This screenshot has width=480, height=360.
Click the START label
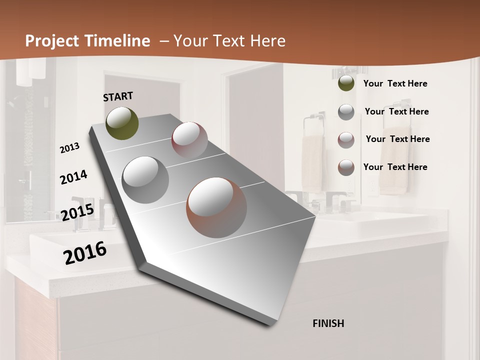click(118, 96)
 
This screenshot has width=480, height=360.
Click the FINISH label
click(328, 323)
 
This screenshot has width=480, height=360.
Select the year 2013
click(70, 148)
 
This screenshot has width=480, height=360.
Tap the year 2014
click(74, 177)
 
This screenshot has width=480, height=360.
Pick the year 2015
click(77, 212)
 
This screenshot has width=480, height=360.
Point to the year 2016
click(85, 252)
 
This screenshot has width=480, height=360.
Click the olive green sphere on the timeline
click(122, 123)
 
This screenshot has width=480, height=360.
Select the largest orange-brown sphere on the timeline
click(216, 207)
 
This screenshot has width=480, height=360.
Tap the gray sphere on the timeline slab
click(145, 179)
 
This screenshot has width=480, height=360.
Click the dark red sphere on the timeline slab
click(189, 140)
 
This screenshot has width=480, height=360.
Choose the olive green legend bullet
click(346, 83)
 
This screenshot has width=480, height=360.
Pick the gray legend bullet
click(346, 112)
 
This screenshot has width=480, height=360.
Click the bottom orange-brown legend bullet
click(346, 167)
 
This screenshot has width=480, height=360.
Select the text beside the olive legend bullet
click(395, 83)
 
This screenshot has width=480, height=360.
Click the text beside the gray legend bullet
click(396, 111)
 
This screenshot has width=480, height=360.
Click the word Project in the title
click(52, 41)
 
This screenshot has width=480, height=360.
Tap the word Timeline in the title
click(117, 41)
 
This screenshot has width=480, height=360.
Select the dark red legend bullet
click(346, 140)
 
